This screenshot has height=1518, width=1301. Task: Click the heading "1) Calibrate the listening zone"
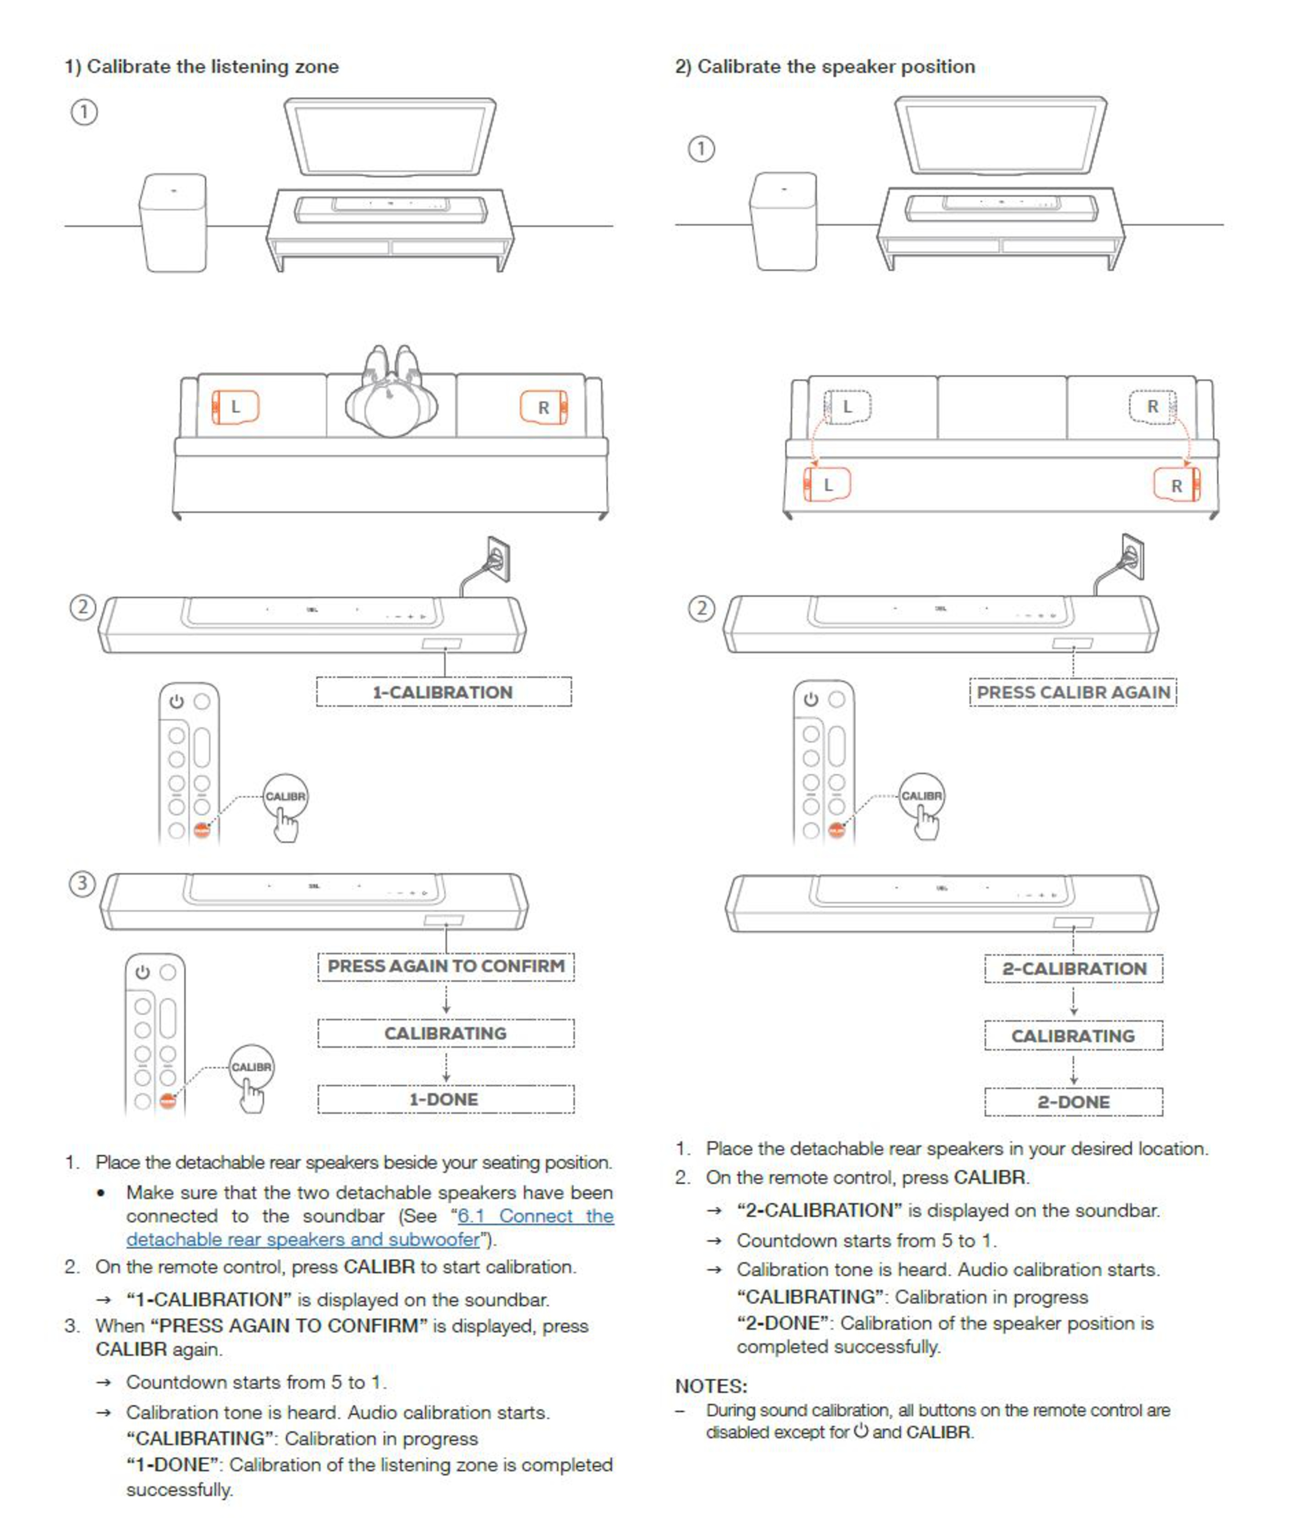click(x=202, y=67)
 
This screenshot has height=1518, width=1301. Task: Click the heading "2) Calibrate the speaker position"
click(x=825, y=67)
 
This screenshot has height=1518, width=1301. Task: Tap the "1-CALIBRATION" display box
click(x=443, y=692)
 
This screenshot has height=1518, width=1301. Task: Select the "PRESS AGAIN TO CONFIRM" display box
click(x=446, y=966)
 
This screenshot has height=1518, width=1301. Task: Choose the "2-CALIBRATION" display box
click(x=1073, y=969)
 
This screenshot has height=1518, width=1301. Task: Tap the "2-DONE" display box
click(x=1073, y=1102)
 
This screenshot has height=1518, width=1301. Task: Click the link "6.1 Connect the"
click(x=535, y=1216)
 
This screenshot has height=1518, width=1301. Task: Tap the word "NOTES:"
click(x=710, y=1386)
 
